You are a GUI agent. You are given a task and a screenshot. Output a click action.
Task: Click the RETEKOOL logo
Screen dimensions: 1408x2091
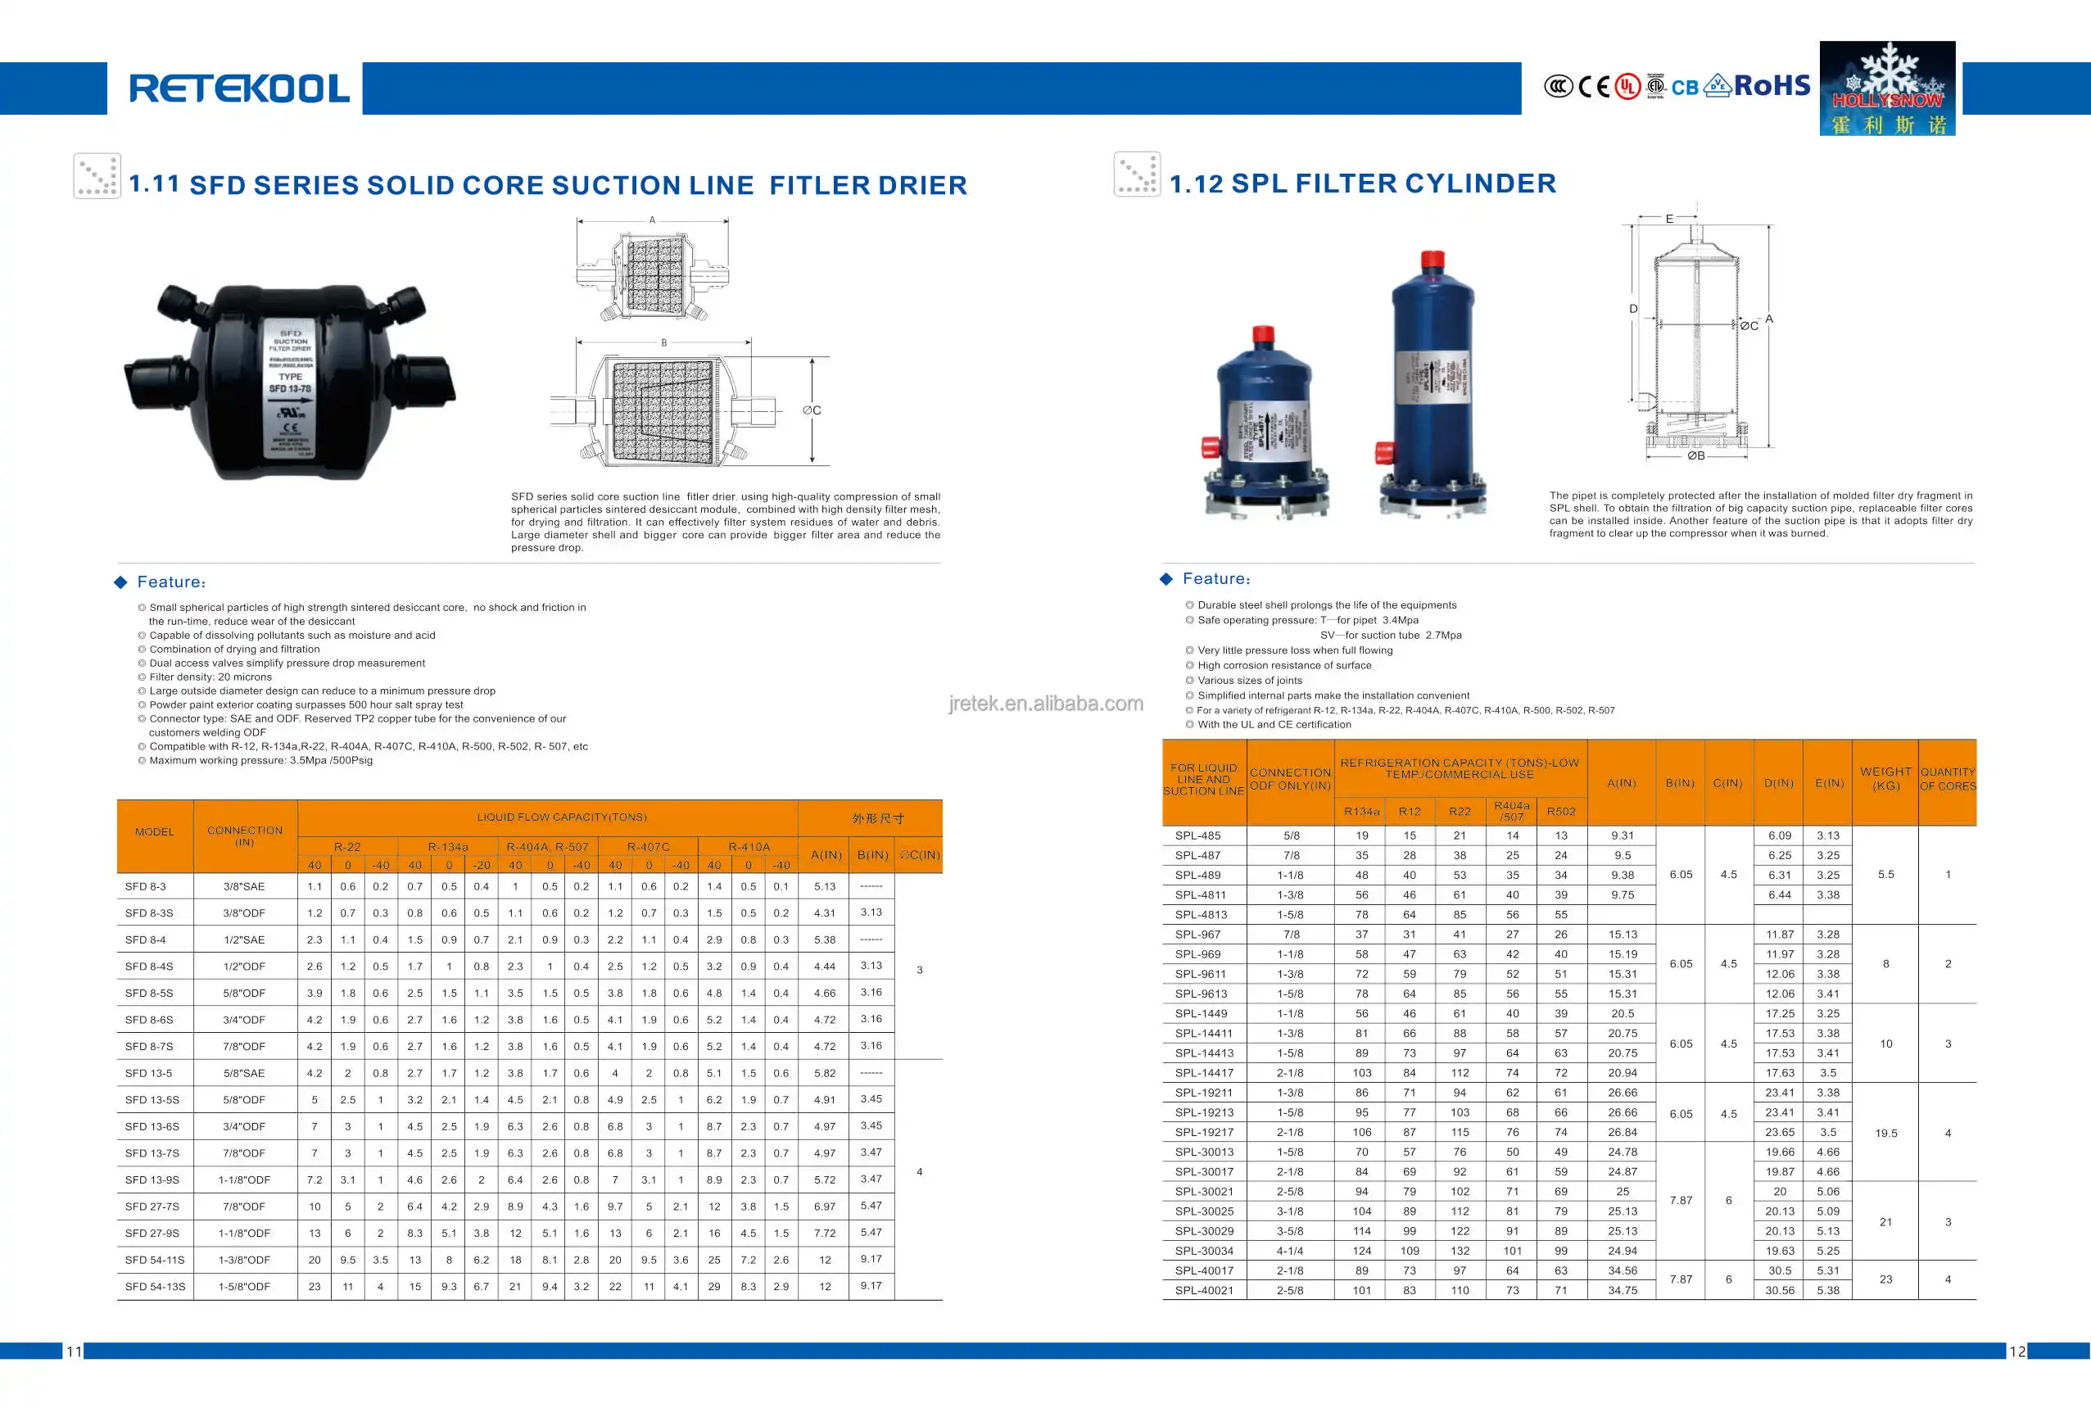[x=239, y=88]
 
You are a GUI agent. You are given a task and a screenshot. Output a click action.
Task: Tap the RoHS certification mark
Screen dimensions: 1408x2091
[x=1772, y=85]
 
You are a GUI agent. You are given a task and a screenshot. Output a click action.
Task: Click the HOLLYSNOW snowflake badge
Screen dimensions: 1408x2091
[x=1886, y=88]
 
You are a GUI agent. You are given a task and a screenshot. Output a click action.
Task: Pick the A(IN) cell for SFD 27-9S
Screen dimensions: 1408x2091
[x=824, y=1233]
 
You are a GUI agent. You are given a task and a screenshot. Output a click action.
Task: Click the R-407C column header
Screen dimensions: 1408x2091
[x=647, y=847]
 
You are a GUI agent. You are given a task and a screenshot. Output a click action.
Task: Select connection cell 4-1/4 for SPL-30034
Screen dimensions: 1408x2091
[x=1290, y=1251]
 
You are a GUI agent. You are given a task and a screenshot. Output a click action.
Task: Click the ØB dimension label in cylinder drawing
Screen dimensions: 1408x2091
[x=1695, y=456]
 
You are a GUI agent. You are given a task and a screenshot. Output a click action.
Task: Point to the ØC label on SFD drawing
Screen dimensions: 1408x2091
[x=812, y=410]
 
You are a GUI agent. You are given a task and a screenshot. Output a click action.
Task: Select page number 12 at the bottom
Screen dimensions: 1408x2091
[x=2016, y=1351]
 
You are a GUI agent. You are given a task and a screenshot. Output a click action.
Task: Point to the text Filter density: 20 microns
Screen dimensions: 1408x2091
[x=210, y=677]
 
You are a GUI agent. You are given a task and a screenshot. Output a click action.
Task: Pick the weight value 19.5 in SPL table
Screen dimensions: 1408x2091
[x=1885, y=1134]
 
